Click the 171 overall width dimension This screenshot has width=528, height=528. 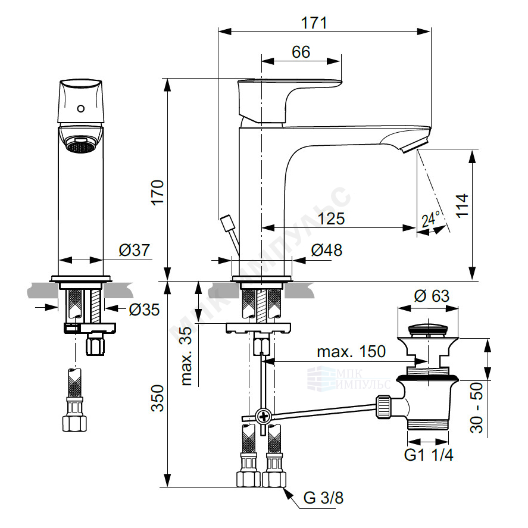tap(314, 23)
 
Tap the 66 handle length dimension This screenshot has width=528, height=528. tap(301, 52)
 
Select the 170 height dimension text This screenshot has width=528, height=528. tap(158, 192)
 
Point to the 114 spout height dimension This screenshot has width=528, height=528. tap(462, 205)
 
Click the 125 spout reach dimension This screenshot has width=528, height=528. tap(332, 219)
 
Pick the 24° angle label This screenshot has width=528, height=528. tap(431, 219)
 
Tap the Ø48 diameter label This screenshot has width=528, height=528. tap(326, 250)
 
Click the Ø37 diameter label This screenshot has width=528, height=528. tap(134, 250)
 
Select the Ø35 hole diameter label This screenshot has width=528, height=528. tap(144, 310)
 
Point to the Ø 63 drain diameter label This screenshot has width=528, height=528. tap(432, 296)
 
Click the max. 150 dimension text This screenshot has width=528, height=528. tap(351, 352)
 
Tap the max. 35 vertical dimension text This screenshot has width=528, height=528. tap(186, 356)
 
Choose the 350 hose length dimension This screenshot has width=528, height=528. tap(158, 398)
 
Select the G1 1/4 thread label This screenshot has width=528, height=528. tap(429, 455)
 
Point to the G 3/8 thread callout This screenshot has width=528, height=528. tap(323, 498)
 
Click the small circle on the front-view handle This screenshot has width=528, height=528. tap(81, 108)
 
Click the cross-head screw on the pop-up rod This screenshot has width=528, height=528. tap(264, 417)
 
